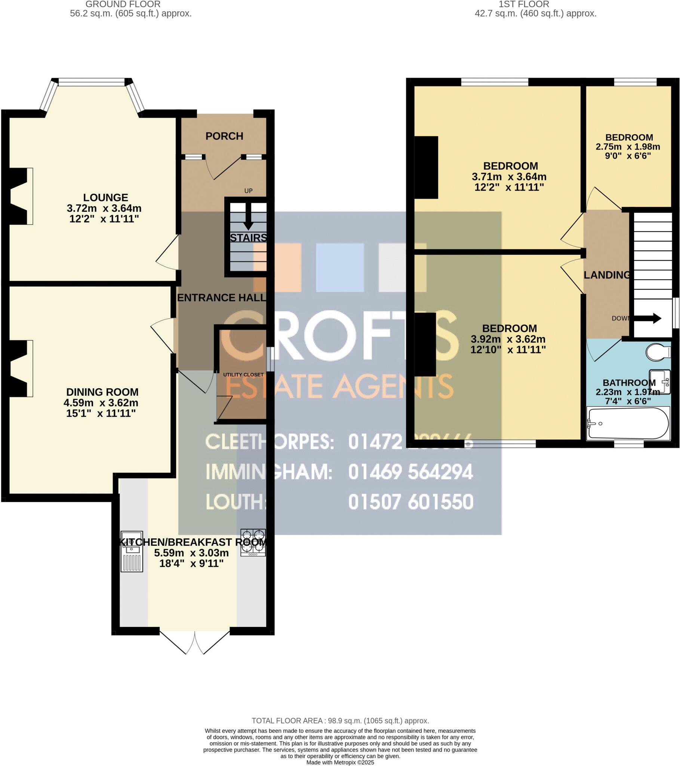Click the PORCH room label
224,136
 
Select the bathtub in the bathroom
628,423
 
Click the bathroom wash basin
660,382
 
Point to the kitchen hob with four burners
253,542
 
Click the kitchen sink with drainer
132,551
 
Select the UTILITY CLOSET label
243,374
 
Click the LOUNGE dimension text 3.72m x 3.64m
104,208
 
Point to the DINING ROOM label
102,392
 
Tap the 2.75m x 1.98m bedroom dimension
628,147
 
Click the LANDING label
607,275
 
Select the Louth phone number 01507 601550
410,502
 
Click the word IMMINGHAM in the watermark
269,472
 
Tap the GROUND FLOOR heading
123,4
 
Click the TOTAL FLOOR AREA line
340,720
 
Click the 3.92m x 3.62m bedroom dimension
508,339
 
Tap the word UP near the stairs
248,191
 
